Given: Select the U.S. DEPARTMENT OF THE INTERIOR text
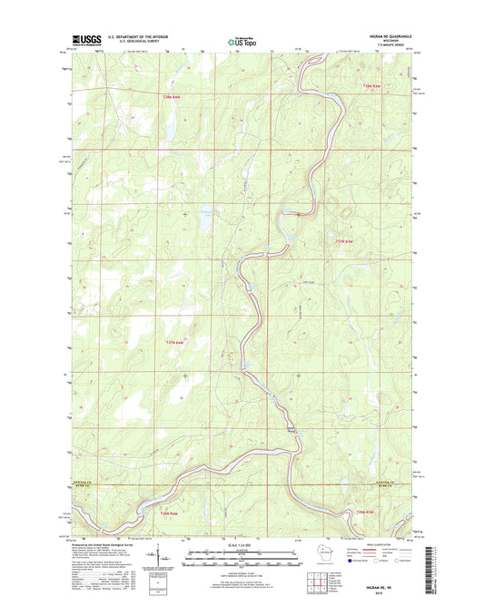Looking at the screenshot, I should (x=137, y=36).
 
